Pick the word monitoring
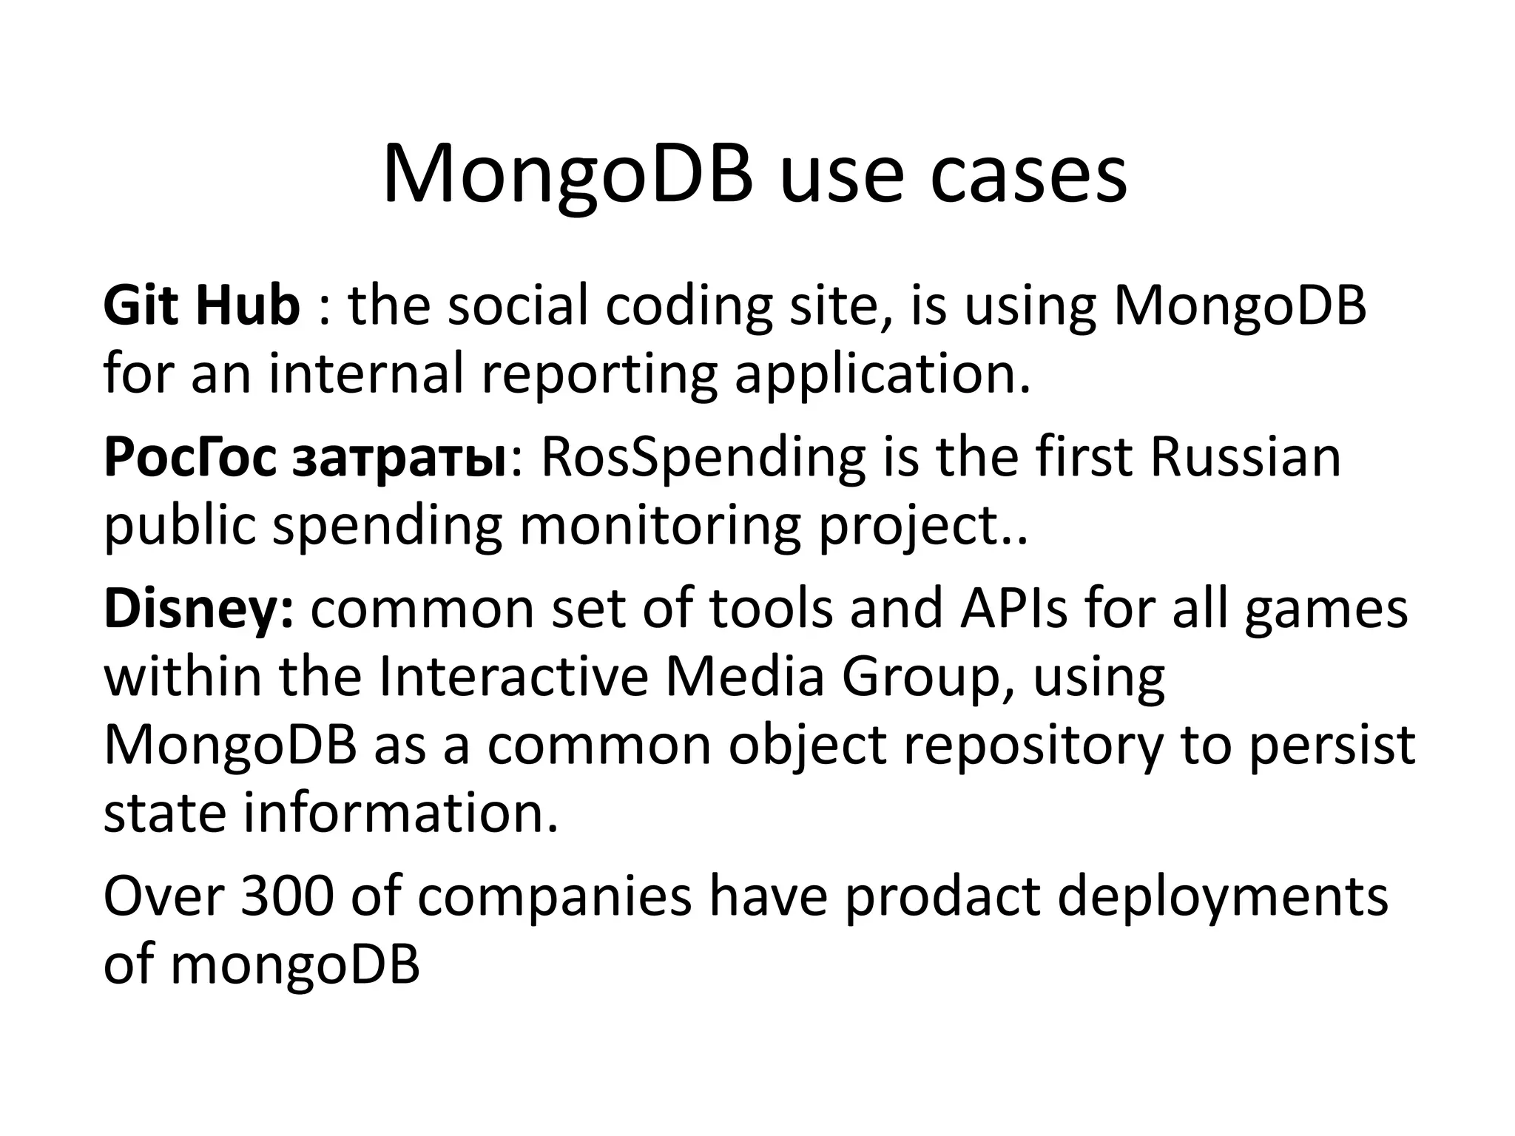point(660,526)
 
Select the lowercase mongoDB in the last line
point(294,964)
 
